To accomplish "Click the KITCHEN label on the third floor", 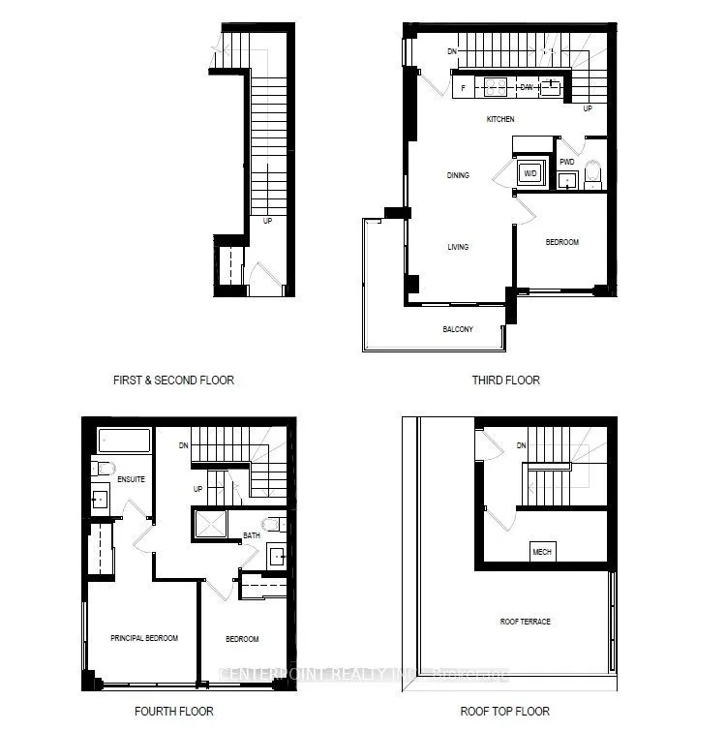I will click(500, 119).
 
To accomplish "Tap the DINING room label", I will click(458, 175).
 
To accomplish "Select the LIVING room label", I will click(458, 247).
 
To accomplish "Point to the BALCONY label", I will click(458, 329).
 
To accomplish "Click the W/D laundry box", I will click(530, 174).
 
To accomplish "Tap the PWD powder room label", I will click(567, 162).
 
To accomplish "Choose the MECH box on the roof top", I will click(542, 553).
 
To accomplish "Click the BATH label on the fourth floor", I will click(252, 534).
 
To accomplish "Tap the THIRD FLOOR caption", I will click(506, 381).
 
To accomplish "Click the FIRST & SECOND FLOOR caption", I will click(173, 381).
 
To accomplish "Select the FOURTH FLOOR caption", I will click(173, 712).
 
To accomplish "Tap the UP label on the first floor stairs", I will click(268, 221).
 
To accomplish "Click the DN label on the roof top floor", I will click(521, 446).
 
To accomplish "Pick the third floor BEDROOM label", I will click(562, 242).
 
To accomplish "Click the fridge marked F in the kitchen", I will click(464, 88).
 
